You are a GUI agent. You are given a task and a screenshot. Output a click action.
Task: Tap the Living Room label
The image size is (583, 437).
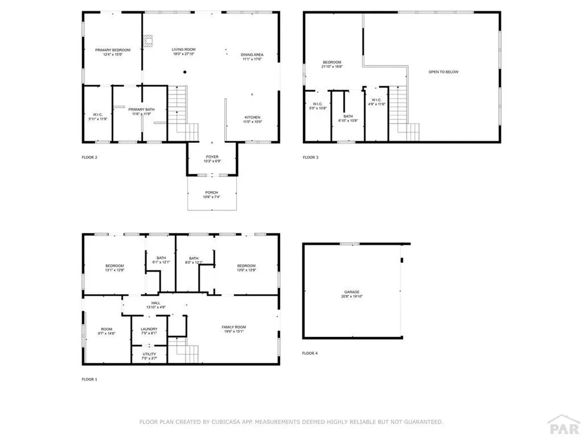point(183,50)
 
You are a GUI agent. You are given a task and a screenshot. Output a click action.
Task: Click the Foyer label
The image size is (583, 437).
point(212,157)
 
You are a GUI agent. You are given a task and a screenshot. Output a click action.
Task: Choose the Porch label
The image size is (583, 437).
point(212,192)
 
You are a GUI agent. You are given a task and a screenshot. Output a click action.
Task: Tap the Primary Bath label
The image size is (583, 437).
point(141,109)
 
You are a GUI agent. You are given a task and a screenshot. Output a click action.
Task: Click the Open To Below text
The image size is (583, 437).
point(444,72)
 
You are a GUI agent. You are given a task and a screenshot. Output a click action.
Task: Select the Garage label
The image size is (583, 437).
point(350,292)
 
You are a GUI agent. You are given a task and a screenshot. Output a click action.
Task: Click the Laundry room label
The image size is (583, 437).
point(149,329)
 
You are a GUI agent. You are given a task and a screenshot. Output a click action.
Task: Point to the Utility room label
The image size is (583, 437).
point(149,354)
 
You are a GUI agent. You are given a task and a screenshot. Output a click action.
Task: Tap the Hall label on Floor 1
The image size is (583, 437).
point(155,303)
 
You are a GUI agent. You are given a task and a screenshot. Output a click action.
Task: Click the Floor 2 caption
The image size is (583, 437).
point(89,157)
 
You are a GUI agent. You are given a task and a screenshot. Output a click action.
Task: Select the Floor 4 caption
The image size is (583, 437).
point(310,353)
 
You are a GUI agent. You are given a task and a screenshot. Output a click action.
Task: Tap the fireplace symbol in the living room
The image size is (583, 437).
point(149,40)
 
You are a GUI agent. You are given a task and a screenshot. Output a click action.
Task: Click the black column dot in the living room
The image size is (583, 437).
point(184,72)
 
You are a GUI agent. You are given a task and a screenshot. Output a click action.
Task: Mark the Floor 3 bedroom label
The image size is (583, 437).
point(332,62)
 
